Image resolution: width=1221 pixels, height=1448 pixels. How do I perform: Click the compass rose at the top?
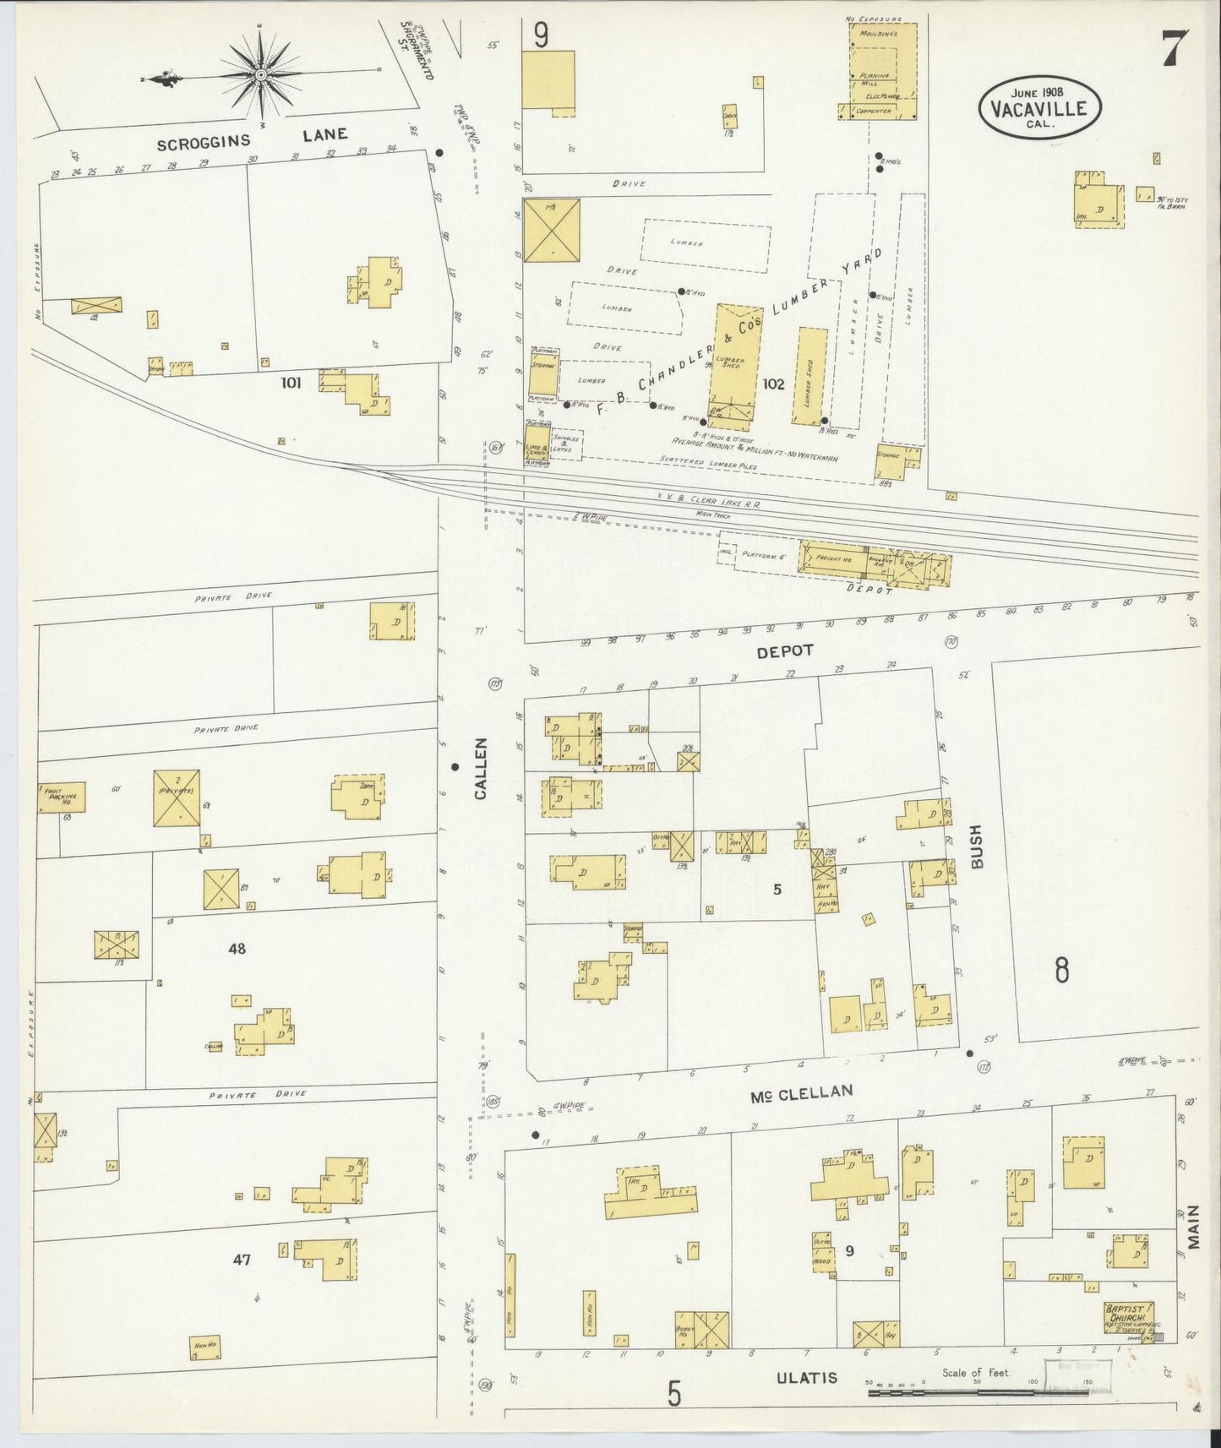[x=261, y=76]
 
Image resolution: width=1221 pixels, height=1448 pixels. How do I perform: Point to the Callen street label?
[x=481, y=768]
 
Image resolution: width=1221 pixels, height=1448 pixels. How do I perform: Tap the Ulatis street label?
[x=807, y=1377]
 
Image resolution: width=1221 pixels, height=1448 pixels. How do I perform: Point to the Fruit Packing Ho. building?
[x=62, y=797]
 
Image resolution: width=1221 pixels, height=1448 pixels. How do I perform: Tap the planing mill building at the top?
[x=882, y=72]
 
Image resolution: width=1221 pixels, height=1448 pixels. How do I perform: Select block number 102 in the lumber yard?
[x=773, y=384]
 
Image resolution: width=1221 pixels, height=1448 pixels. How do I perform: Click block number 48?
[x=237, y=949]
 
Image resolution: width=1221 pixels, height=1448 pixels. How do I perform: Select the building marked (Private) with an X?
[x=177, y=797]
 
